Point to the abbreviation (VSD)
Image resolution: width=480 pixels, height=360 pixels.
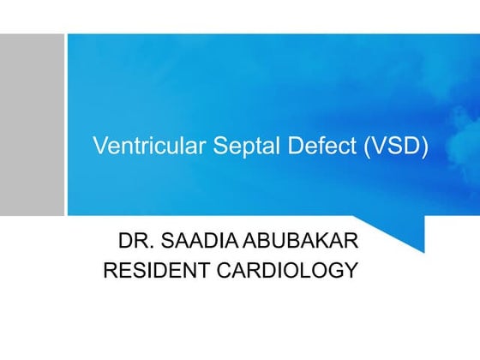pyautogui.click(x=370, y=146)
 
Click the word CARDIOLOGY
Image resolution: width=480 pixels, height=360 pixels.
pyautogui.click(x=286, y=271)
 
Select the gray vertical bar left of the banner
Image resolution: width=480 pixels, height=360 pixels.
pyautogui.click(x=32, y=124)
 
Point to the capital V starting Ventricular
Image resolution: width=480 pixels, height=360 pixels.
pyautogui.click(x=99, y=146)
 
